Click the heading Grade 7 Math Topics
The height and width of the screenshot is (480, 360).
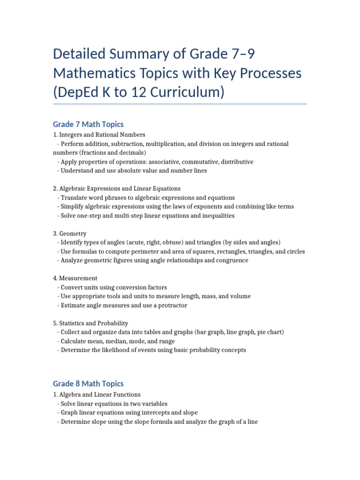coord(88,124)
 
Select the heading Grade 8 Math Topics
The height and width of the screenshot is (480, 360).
coord(88,383)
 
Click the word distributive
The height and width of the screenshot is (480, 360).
coord(237,162)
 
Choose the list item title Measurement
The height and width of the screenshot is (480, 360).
coord(78,278)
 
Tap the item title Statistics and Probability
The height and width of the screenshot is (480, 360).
coord(94,323)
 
